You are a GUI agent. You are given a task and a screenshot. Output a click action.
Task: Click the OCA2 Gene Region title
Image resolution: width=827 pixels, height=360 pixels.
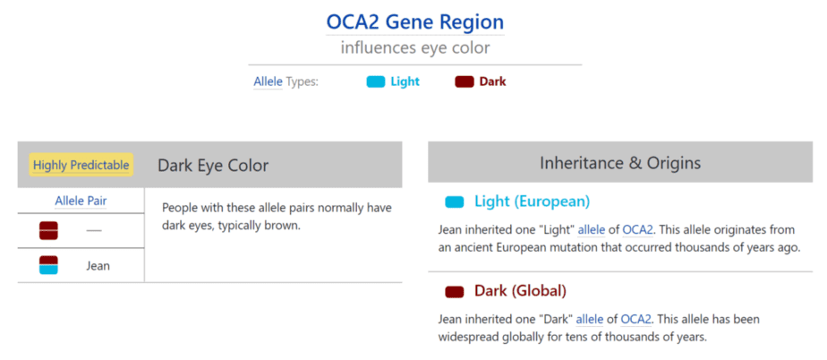pos(415,22)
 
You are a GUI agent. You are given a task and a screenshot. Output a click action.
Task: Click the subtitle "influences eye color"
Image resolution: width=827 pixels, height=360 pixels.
pos(415,48)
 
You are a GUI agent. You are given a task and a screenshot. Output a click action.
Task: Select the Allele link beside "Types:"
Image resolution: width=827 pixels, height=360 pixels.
pos(268,81)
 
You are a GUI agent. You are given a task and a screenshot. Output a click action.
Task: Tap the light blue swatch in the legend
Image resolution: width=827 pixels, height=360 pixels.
pos(376,81)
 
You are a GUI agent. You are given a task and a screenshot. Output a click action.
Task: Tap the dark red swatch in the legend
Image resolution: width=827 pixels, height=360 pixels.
pos(465,81)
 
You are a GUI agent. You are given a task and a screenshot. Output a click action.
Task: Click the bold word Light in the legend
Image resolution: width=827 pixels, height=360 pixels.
pos(405,81)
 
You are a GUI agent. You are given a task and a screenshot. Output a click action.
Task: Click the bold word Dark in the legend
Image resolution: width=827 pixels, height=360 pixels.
pos(492,81)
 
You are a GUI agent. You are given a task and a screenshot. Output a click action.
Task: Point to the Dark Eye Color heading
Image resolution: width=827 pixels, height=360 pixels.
pos(213,165)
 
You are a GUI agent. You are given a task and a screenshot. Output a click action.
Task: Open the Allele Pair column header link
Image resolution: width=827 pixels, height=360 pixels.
pos(81,201)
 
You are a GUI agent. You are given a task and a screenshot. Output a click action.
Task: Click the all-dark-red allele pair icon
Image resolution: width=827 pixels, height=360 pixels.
pos(48,231)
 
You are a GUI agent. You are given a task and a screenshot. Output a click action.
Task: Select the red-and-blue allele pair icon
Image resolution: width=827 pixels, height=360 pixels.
pos(48,265)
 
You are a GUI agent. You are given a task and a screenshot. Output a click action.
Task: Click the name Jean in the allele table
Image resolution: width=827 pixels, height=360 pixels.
pos(98,266)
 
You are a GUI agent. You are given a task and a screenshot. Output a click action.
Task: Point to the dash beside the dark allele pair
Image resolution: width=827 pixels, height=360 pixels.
pos(94,231)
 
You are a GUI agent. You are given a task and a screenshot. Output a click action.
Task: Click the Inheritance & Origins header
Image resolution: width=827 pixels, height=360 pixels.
pos(620,163)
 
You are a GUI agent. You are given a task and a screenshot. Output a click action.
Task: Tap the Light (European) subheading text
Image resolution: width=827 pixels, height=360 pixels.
pos(533,201)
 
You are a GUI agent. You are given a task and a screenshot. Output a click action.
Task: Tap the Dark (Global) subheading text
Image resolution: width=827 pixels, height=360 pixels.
pos(521,291)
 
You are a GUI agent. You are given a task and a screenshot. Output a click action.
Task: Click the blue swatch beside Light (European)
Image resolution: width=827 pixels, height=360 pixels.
pos(455,201)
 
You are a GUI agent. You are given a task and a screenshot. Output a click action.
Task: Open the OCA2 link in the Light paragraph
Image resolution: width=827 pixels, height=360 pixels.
pos(638,230)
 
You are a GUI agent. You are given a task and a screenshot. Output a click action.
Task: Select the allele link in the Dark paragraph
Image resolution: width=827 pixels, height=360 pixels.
pos(590,320)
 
